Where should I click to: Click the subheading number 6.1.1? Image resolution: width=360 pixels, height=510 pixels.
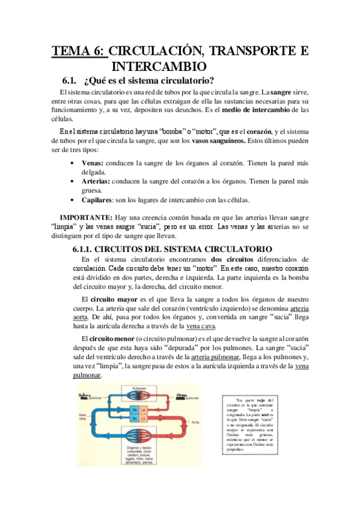click(x=82, y=248)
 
